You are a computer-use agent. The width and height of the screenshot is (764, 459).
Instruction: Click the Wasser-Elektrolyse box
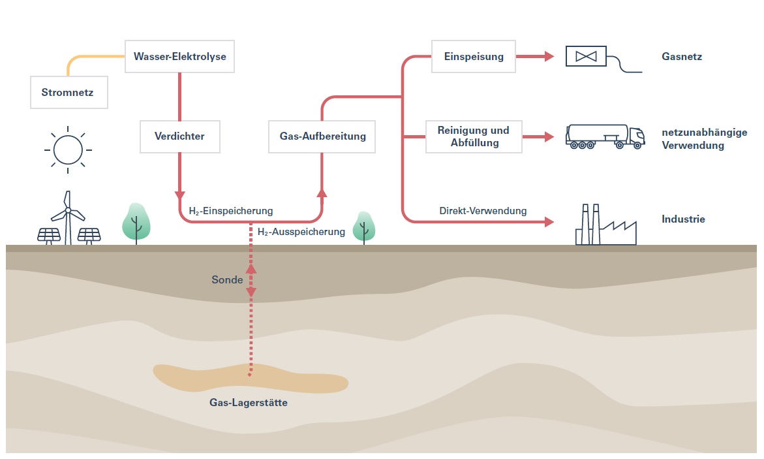pos(179,57)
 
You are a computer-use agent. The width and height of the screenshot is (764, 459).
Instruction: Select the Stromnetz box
pos(69,92)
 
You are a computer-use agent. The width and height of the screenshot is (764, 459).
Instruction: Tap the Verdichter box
pos(179,136)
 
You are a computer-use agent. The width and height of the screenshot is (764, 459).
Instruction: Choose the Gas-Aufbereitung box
pos(322,136)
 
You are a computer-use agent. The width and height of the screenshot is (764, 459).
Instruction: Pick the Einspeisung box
pos(474,56)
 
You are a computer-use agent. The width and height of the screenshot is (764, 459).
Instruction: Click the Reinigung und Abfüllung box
pos(474,136)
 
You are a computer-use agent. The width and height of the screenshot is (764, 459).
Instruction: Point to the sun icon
pos(68,150)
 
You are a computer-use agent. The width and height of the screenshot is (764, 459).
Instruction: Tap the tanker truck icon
pos(604,136)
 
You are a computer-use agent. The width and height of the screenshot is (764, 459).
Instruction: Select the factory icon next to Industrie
pos(605,225)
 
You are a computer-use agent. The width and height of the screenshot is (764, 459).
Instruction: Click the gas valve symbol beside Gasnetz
pos(585,57)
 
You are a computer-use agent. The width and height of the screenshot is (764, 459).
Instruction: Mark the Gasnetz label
pos(681,57)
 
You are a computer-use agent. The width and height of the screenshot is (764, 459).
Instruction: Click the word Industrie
pos(683,219)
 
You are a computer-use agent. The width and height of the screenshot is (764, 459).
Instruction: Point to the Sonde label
pos(227,280)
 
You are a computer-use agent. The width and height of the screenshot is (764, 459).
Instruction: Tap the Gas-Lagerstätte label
pos(249,403)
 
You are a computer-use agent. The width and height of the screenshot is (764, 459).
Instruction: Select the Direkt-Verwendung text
pos(483,211)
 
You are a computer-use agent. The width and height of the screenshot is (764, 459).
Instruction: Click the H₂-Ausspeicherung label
pos(301,232)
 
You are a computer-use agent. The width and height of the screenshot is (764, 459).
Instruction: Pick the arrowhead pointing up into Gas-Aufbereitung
pos(322,193)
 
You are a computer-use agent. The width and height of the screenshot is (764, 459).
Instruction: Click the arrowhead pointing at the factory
pos(547,222)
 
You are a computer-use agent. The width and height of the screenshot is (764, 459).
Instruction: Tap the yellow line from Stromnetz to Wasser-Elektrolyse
pos(85,57)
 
